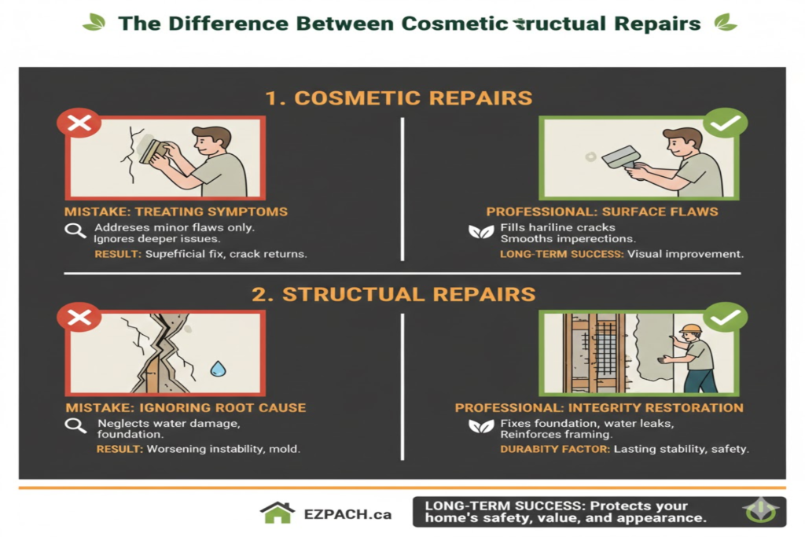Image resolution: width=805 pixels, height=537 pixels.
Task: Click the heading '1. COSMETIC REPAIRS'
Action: click(399, 98)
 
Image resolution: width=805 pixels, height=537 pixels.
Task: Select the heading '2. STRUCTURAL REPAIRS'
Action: click(393, 294)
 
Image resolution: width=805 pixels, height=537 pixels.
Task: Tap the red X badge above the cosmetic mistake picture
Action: click(79, 123)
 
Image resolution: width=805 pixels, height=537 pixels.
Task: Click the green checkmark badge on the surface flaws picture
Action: click(725, 123)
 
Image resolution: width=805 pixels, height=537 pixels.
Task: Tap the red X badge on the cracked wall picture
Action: click(79, 317)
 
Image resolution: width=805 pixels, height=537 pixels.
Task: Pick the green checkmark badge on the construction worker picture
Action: click(725, 317)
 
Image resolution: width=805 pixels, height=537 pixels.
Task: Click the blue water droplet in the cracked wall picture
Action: click(217, 367)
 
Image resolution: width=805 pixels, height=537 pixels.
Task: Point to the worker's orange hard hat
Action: click(691, 329)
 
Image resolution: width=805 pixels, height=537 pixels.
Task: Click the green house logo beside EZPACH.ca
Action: click(277, 513)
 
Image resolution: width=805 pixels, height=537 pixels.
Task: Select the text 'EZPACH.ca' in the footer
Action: click(347, 515)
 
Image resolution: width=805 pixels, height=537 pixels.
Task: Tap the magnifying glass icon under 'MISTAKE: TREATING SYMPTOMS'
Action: click(75, 231)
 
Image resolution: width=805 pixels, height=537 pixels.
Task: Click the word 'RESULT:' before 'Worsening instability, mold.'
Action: click(118, 449)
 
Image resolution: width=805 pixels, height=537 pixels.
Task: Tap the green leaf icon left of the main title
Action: click(94, 22)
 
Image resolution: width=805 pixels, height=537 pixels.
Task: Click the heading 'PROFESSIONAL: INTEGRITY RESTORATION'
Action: click(599, 407)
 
